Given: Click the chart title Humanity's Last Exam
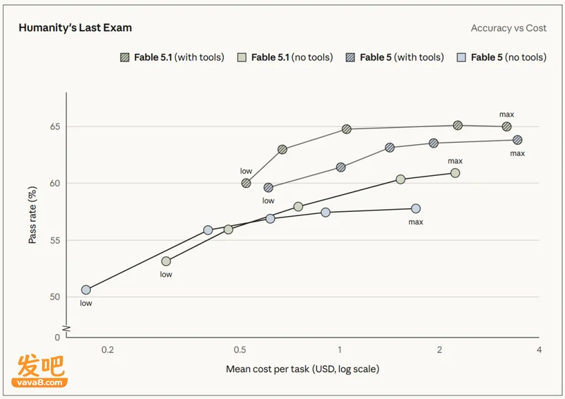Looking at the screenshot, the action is [x=76, y=28].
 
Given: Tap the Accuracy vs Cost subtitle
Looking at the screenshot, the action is [x=509, y=28].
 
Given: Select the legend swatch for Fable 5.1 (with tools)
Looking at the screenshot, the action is [x=125, y=57].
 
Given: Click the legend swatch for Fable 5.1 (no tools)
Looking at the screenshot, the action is [x=242, y=57].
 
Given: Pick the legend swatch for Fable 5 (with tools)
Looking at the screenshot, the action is [x=350, y=57].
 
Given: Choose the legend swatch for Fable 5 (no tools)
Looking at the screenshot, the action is [x=461, y=57].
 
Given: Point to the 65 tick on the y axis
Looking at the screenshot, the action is [x=55, y=126].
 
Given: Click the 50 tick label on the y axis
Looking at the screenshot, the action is [x=55, y=297].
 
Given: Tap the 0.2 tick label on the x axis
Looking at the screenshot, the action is [x=107, y=350].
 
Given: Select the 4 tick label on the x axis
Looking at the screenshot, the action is [x=539, y=350].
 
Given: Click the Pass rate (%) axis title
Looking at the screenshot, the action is [x=32, y=215].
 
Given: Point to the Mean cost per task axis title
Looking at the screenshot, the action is [x=303, y=369].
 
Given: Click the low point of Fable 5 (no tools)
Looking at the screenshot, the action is [x=85, y=290].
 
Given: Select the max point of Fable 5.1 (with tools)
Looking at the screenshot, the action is [x=506, y=126].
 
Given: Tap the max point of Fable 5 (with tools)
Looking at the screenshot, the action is [x=518, y=140].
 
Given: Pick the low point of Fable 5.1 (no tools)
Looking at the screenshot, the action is [x=166, y=261].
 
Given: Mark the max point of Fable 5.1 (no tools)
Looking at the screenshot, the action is [x=455, y=173].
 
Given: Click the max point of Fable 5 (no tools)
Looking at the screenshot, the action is [x=416, y=208].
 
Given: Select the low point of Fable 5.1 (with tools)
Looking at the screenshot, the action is [x=246, y=183].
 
